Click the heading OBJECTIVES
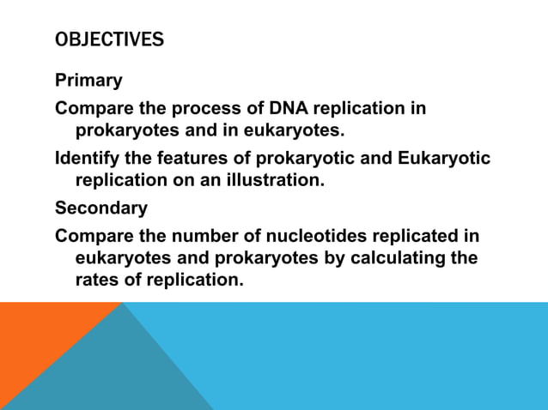(x=109, y=40)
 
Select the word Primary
(x=88, y=81)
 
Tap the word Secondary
(x=100, y=208)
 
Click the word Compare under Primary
(x=94, y=109)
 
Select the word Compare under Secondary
(x=94, y=235)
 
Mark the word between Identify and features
(x=141, y=159)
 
